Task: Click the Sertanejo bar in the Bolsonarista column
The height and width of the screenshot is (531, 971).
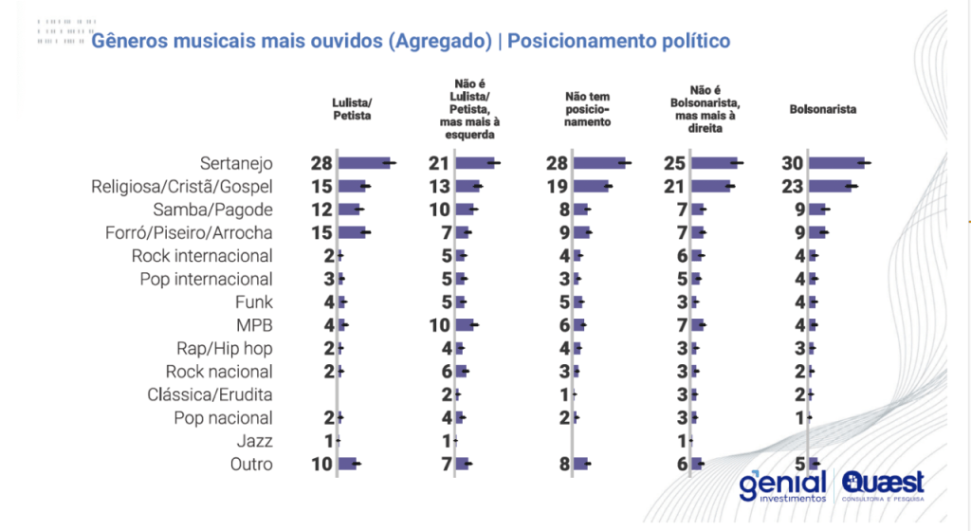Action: click(x=836, y=163)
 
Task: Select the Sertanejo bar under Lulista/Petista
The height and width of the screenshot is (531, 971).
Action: click(x=364, y=163)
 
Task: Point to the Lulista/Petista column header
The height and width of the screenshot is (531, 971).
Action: click(x=351, y=109)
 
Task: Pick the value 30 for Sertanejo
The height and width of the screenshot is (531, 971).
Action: click(x=793, y=163)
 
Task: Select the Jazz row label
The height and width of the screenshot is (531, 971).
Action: click(x=255, y=441)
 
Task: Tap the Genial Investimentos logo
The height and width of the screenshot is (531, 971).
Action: click(x=783, y=485)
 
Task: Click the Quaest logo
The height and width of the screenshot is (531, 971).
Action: click(x=882, y=485)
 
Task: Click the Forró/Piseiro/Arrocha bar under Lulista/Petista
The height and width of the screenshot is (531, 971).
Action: click(x=352, y=232)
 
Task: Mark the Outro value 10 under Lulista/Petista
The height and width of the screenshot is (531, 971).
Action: click(x=321, y=464)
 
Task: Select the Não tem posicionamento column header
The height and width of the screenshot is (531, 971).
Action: click(x=587, y=109)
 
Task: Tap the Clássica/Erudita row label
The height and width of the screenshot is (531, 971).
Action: click(x=210, y=394)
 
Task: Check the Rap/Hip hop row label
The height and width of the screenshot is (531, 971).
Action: click(x=225, y=348)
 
